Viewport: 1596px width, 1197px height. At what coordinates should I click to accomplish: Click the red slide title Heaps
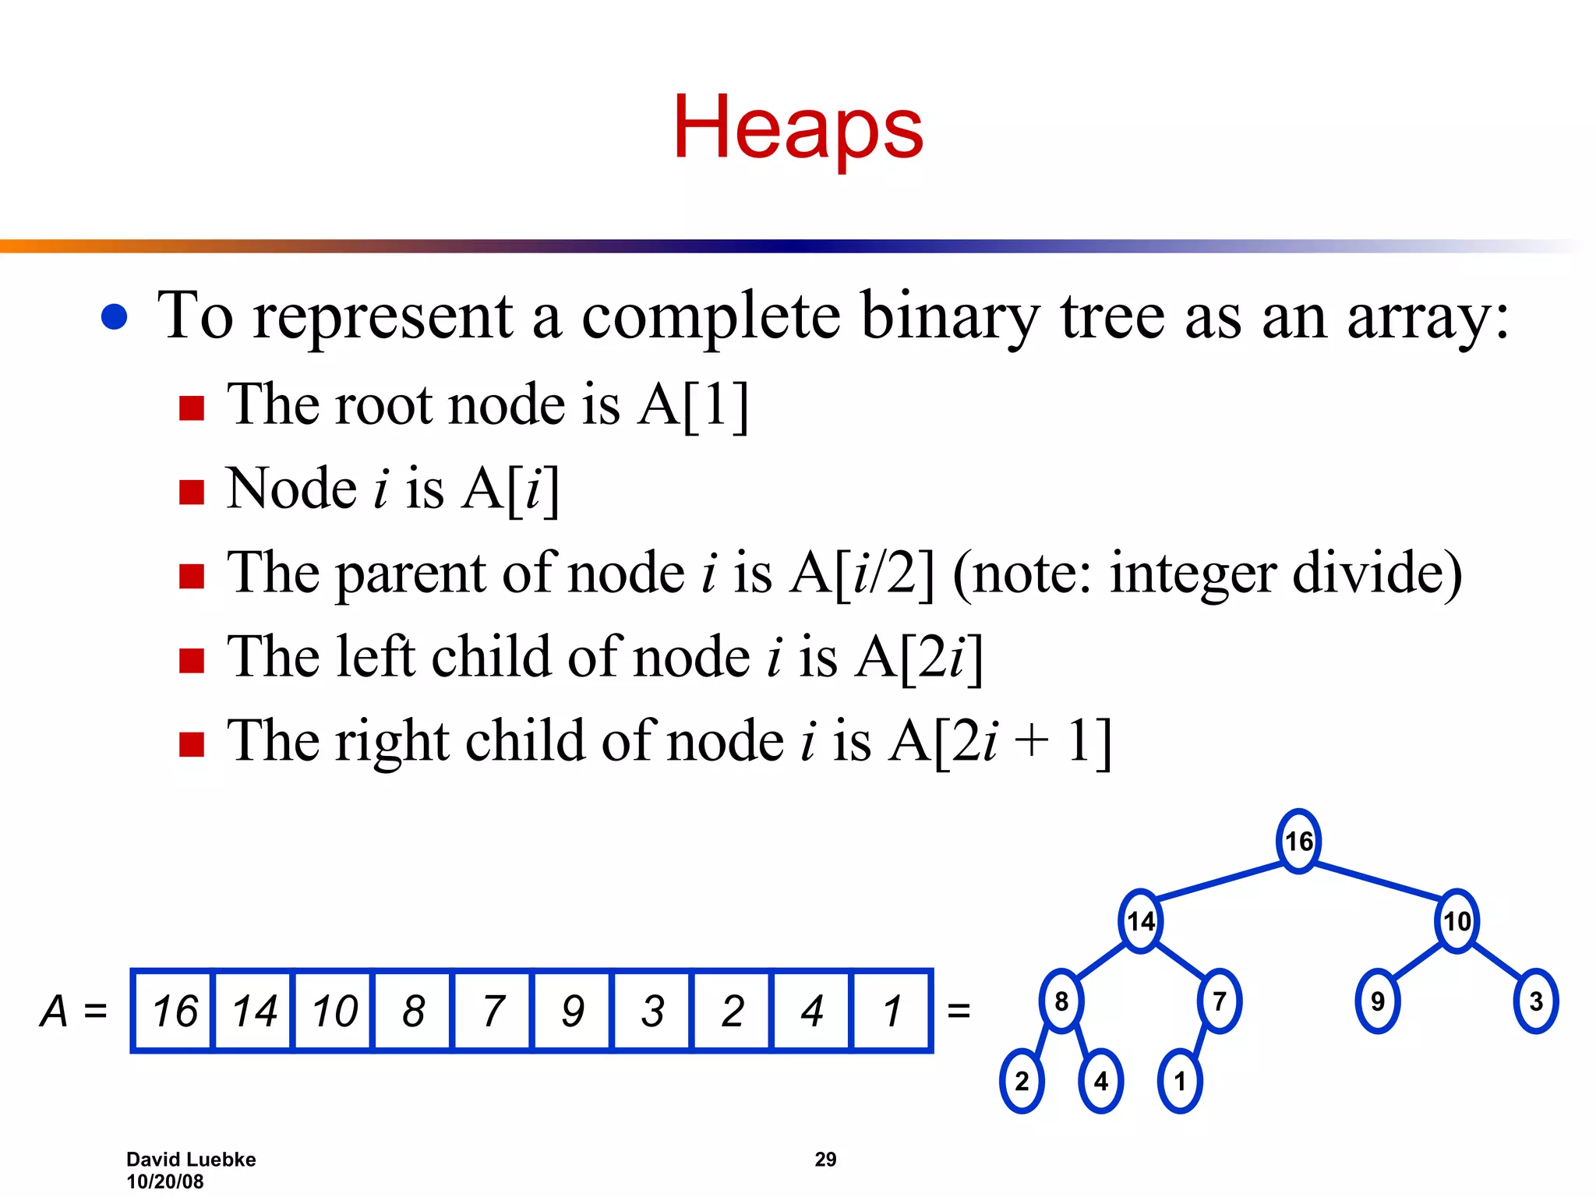(798, 127)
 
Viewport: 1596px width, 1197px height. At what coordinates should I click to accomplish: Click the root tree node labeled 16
(1298, 841)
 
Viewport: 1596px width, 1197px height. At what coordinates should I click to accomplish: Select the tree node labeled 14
(1141, 921)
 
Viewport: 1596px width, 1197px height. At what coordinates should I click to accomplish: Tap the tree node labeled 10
(1457, 921)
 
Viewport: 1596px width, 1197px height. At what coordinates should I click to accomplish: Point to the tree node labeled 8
(1061, 1001)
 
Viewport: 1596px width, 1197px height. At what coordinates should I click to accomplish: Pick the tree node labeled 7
(1220, 1001)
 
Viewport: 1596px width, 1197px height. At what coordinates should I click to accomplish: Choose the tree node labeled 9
(1378, 1001)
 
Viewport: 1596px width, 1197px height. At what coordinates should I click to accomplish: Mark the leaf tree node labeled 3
(1536, 1001)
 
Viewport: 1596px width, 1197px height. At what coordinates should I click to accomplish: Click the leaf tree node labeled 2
(1022, 1081)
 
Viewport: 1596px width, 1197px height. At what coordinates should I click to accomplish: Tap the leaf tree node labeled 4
(1101, 1081)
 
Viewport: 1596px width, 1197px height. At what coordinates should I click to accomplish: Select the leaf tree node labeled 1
(1180, 1081)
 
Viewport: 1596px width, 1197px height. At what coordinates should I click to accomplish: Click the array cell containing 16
(174, 1011)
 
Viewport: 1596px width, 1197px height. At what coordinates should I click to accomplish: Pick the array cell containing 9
(573, 1011)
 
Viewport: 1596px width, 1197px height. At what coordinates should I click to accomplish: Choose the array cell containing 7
(493, 1011)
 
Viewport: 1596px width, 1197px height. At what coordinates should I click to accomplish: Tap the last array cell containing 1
(892, 1011)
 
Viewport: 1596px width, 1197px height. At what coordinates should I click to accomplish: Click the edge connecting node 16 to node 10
(1378, 881)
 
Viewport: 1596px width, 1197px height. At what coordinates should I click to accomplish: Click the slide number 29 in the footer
(825, 1160)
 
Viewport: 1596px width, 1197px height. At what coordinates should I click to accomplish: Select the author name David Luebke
(191, 1160)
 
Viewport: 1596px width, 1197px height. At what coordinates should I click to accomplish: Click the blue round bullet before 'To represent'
(115, 317)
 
